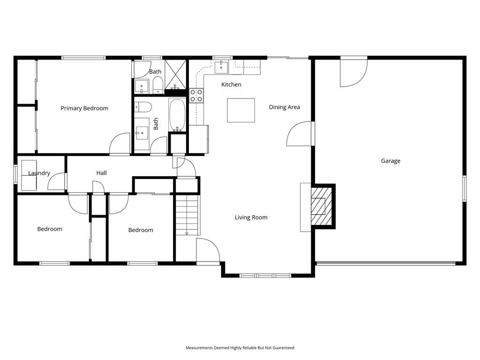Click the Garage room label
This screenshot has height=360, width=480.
click(x=390, y=161)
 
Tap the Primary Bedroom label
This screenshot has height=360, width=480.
click(x=84, y=108)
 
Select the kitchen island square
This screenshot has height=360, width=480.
click(x=241, y=110)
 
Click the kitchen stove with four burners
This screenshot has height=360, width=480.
click(x=196, y=95)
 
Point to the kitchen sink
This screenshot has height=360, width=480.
click(x=221, y=67)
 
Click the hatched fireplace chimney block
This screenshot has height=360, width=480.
click(x=322, y=206)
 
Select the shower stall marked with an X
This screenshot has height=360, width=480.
click(x=175, y=75)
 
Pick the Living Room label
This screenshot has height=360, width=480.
click(x=251, y=217)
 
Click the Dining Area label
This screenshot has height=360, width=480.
click(x=285, y=107)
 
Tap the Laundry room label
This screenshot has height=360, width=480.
click(x=39, y=173)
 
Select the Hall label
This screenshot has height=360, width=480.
click(x=102, y=173)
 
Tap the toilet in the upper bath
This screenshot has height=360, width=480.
click(x=158, y=85)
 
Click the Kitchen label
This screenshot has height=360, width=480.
click(x=231, y=84)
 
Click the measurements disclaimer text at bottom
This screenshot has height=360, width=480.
click(x=240, y=348)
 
